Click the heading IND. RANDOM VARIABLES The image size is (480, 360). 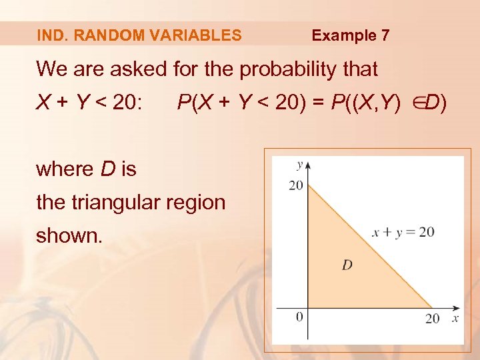pyautogui.click(x=139, y=35)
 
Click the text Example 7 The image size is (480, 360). pyautogui.click(x=351, y=35)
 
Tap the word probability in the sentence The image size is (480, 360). pyautogui.click(x=280, y=69)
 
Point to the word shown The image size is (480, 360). pyautogui.click(x=69, y=235)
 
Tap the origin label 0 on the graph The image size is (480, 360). pyautogui.click(x=299, y=316)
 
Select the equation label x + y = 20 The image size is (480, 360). pyautogui.click(x=403, y=232)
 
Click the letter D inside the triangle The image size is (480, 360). pyautogui.click(x=347, y=265)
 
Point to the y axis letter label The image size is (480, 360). pyautogui.click(x=300, y=164)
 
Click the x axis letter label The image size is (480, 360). pyautogui.click(x=455, y=318)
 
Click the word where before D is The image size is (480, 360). pyautogui.click(x=65, y=169)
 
